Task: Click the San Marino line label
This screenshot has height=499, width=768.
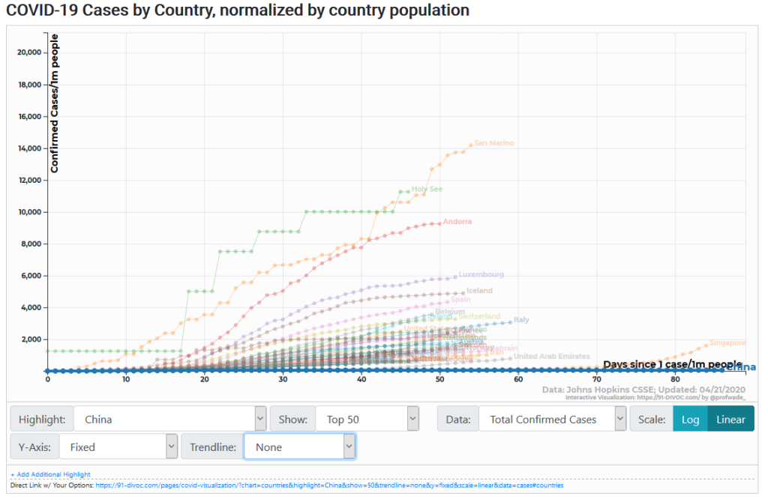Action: point(494,143)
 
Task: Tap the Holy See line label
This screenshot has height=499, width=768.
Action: point(427,190)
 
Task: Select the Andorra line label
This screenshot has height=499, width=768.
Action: point(457,222)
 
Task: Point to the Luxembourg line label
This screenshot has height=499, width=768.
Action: point(481,275)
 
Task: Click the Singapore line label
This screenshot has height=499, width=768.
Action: point(727,343)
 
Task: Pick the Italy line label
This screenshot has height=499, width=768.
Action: point(521,320)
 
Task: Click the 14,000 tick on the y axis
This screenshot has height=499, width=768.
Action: point(29,148)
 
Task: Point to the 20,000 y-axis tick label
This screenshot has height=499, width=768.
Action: point(29,52)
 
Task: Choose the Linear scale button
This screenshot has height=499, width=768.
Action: point(730,420)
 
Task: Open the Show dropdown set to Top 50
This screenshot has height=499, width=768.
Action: point(367,420)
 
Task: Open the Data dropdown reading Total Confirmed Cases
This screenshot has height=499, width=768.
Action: point(551,420)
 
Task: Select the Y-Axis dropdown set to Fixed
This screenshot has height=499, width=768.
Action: point(116,447)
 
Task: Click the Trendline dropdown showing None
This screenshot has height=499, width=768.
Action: point(299,447)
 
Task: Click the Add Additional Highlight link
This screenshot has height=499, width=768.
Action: point(50,474)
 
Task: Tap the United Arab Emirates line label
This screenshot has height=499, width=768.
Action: point(552,357)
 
